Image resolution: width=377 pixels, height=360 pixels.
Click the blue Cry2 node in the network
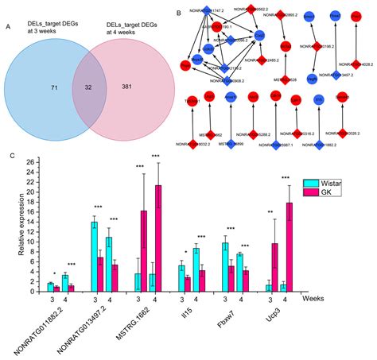pos(259,36)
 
